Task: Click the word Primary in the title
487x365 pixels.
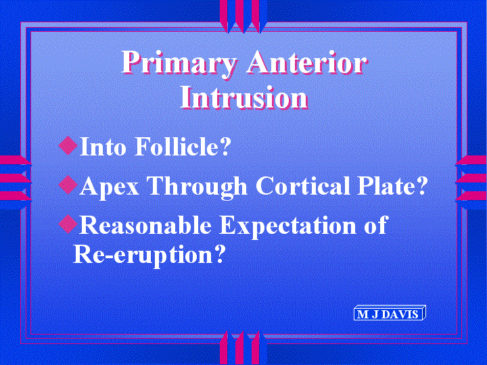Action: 179,64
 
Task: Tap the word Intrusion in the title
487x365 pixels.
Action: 244,97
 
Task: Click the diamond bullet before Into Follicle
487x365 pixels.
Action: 68,145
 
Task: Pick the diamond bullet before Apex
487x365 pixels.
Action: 68,185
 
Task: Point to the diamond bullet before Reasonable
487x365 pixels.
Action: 68,224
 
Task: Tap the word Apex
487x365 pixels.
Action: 110,187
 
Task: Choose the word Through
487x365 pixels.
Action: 198,187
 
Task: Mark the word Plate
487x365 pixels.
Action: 386,185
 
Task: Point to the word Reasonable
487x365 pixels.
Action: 145,224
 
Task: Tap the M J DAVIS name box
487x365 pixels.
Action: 390,314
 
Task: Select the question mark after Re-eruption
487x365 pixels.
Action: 219,254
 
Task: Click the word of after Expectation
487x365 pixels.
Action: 376,224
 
